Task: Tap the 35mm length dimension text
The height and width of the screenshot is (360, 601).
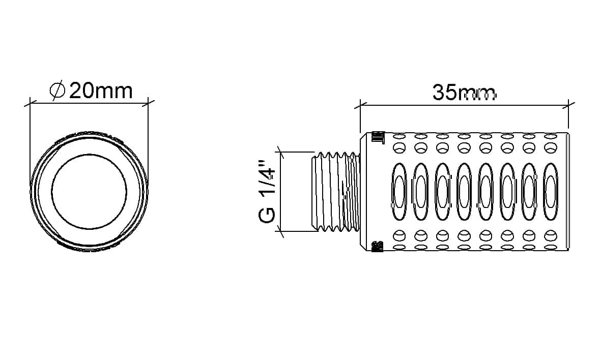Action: (464, 93)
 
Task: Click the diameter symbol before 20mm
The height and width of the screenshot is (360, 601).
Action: (58, 91)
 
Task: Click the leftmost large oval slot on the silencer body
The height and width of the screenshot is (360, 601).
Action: (399, 192)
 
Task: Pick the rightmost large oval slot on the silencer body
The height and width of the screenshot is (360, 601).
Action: (551, 192)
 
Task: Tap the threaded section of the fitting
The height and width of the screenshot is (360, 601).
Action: (336, 192)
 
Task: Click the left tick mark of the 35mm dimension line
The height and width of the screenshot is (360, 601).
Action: (360, 104)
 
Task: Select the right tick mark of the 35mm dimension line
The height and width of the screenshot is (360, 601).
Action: (568, 104)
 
